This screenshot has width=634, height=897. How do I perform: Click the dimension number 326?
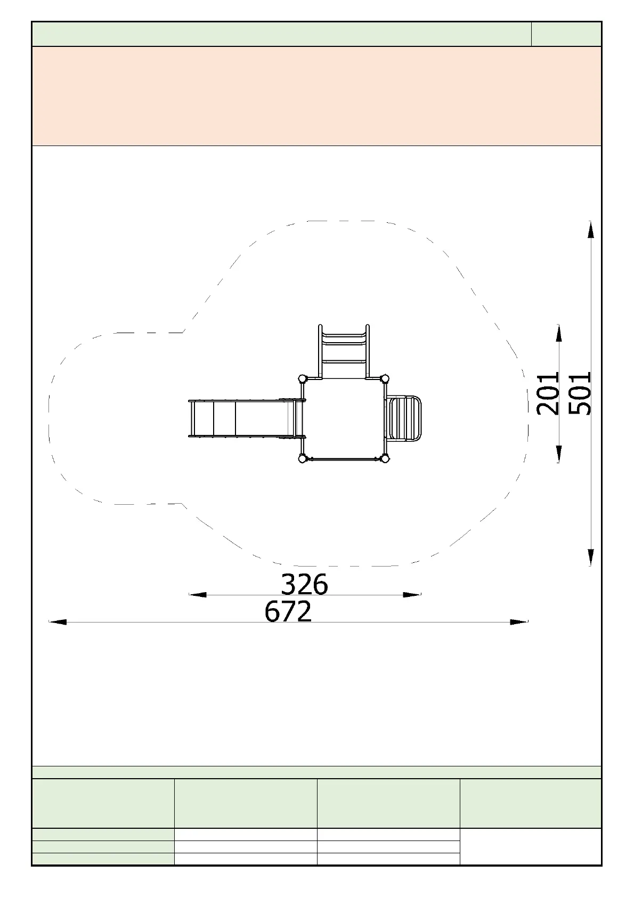(305, 584)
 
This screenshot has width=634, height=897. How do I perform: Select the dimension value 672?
(288, 611)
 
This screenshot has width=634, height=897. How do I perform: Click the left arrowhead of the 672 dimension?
(58, 622)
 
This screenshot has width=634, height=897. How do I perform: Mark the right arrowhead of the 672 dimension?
(519, 622)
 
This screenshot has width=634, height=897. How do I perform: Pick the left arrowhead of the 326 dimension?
(198, 595)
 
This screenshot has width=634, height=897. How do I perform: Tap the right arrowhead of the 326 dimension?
(412, 595)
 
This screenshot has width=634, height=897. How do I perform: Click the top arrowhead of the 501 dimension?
(590, 230)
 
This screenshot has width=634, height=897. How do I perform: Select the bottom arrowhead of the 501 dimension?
(590, 557)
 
